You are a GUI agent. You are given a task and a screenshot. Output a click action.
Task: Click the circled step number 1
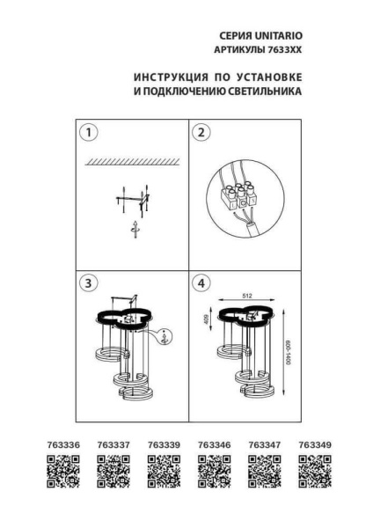click(87, 133)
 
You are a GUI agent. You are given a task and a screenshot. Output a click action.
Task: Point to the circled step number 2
click(201, 133)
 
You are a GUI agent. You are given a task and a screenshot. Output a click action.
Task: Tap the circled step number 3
click(87, 283)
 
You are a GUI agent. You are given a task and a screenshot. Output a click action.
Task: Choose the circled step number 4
click(201, 283)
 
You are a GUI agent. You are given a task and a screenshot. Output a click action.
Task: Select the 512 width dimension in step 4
click(248, 297)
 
